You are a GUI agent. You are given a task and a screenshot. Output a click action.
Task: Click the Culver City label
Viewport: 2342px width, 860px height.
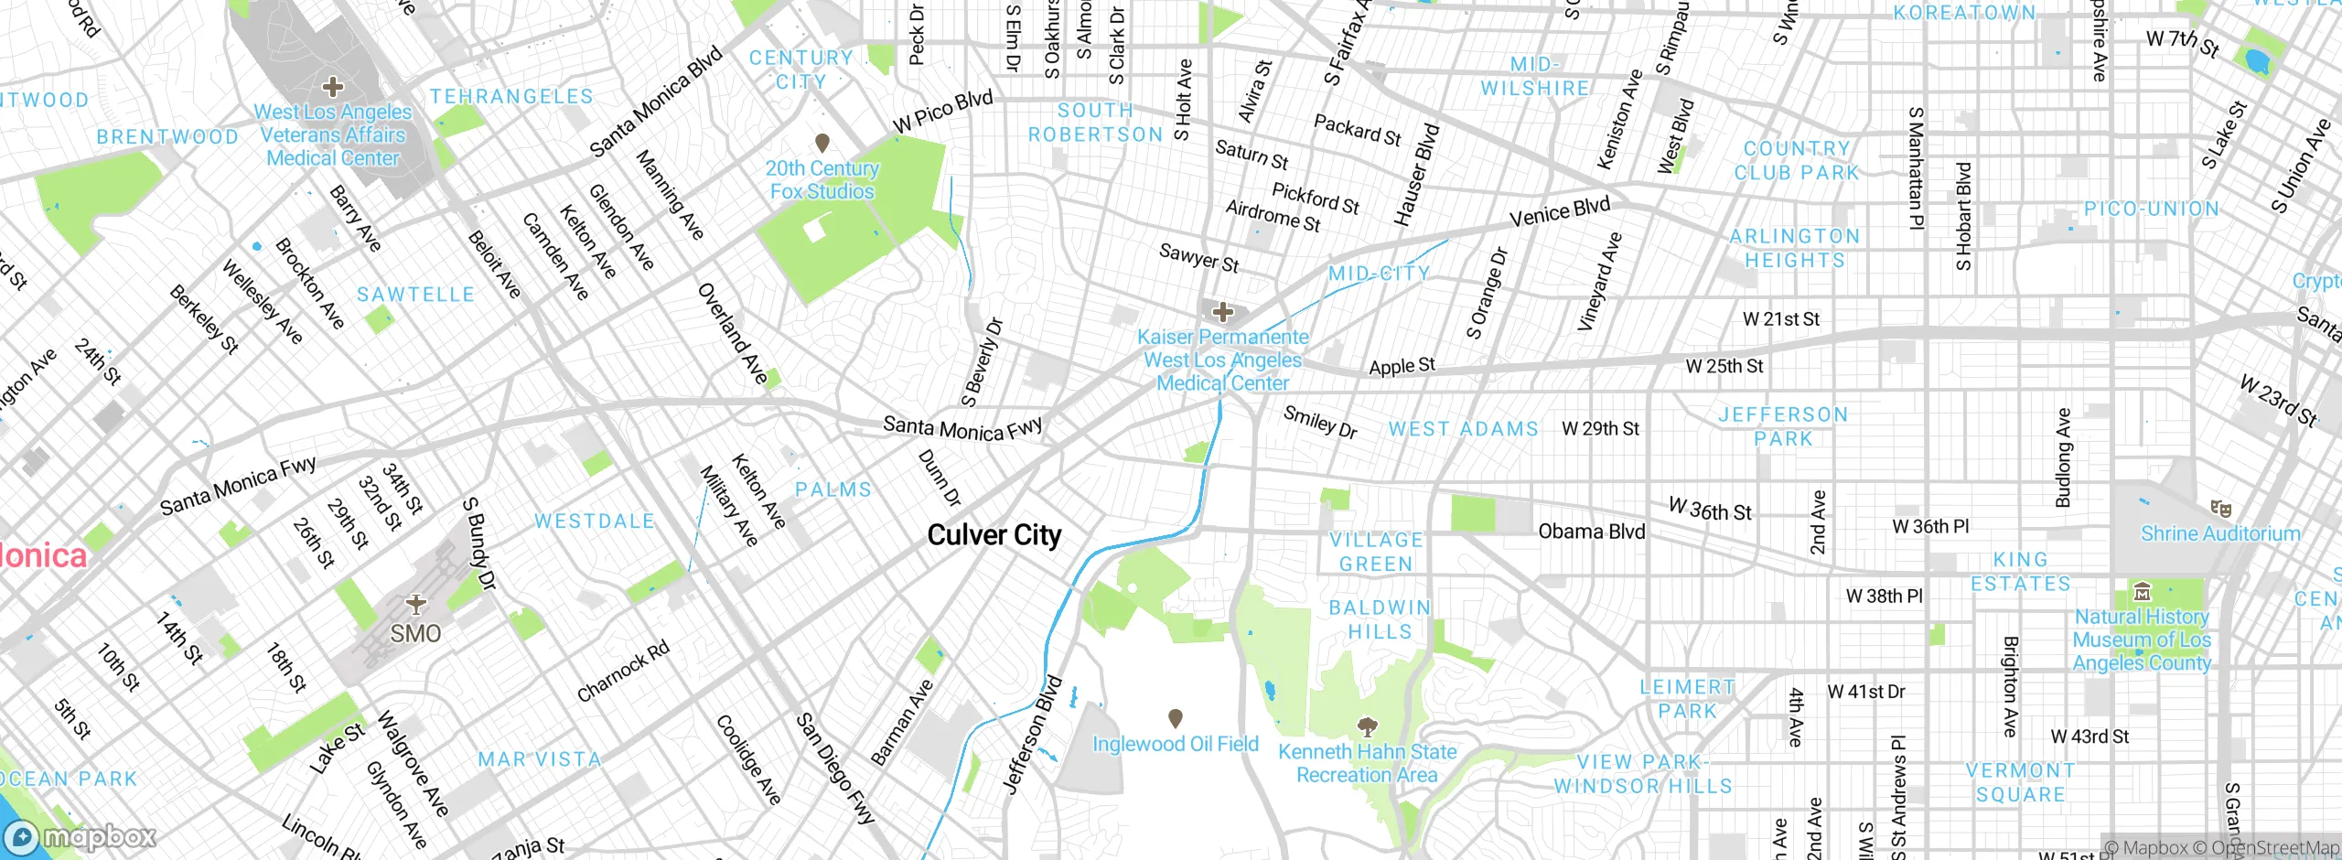pyautogui.click(x=994, y=535)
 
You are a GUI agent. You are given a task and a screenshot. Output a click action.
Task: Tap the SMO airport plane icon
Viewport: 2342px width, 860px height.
pyautogui.click(x=416, y=604)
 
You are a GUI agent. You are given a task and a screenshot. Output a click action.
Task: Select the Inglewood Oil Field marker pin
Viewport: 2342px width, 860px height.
pyautogui.click(x=1176, y=718)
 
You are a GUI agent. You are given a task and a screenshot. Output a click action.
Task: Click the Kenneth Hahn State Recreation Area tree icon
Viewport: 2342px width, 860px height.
pyautogui.click(x=1367, y=727)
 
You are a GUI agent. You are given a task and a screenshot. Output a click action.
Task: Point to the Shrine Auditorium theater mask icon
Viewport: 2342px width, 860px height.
pyautogui.click(x=2220, y=509)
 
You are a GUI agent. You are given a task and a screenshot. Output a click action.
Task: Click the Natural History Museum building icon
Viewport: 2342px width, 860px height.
pyautogui.click(x=2142, y=591)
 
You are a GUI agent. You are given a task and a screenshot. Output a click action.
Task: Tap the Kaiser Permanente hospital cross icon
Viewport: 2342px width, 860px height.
pyautogui.click(x=1222, y=313)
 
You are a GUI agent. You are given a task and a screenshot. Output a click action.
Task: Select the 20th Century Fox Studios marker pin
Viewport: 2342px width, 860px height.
pyautogui.click(x=822, y=143)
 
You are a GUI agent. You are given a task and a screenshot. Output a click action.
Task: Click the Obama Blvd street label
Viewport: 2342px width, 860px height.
pyautogui.click(x=1591, y=532)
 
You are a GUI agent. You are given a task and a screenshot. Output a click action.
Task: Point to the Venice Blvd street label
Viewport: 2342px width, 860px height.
pyautogui.click(x=1559, y=212)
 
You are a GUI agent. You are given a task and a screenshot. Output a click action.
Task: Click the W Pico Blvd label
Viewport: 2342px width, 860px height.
pyautogui.click(x=942, y=112)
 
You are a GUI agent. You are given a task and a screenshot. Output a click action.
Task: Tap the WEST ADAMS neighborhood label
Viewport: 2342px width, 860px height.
pyautogui.click(x=1463, y=429)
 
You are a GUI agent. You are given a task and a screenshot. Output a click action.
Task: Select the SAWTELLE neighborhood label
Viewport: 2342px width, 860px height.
pyautogui.click(x=415, y=295)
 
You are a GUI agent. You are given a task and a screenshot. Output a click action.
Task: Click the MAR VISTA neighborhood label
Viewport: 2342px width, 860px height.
pyautogui.click(x=540, y=759)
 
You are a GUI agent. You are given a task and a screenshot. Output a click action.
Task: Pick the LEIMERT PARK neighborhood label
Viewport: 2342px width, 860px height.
pyautogui.click(x=1687, y=699)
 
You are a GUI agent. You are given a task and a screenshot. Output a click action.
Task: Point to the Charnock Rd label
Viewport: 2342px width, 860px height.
pyautogui.click(x=623, y=672)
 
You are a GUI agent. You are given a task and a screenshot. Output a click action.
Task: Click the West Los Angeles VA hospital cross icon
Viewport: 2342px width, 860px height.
pyautogui.click(x=333, y=87)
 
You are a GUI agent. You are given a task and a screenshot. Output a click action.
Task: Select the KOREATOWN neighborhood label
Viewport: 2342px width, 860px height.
pyautogui.click(x=1964, y=13)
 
